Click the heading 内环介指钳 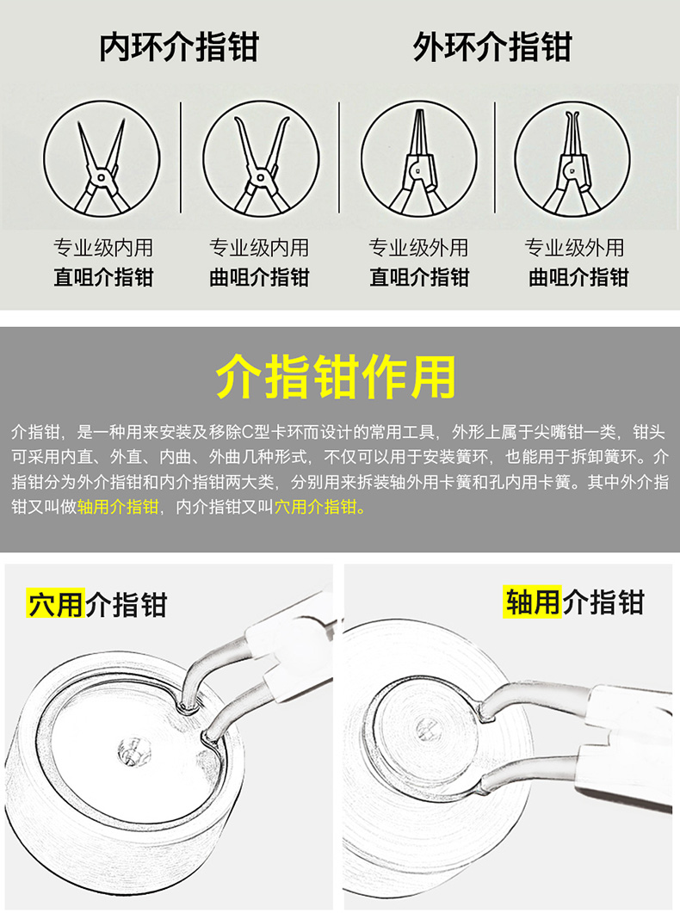coord(179,46)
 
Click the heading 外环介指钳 coord(492,46)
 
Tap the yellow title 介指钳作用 coord(336,377)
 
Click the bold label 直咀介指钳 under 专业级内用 coord(103,277)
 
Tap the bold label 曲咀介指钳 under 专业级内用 coord(260,277)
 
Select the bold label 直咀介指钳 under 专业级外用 coord(420,277)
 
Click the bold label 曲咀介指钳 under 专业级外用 coord(578,277)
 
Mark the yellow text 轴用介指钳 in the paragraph coord(118,507)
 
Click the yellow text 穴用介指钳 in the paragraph coord(316,507)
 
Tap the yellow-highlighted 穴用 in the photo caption coord(56,604)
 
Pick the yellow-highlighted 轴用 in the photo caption coord(532,601)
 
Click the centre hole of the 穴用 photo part coord(134,751)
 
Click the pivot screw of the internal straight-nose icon coord(102,177)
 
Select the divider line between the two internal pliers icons coord(181,157)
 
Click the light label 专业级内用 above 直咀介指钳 coord(103,248)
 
